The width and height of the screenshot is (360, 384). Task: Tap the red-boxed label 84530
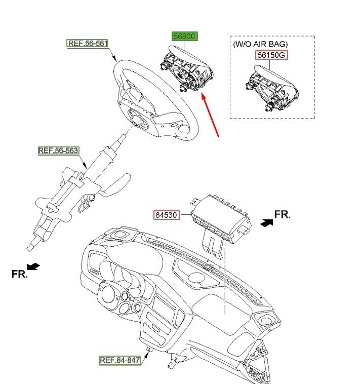point(166,215)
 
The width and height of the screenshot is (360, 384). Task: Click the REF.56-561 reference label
point(88,44)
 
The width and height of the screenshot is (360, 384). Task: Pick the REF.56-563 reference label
point(58,150)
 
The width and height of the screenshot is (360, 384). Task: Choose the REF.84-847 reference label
point(119,360)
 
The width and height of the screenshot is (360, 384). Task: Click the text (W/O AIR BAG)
point(260,44)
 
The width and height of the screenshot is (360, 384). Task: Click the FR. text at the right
point(283,214)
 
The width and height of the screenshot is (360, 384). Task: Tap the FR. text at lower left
point(19,274)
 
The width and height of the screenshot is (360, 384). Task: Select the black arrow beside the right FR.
point(265,222)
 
